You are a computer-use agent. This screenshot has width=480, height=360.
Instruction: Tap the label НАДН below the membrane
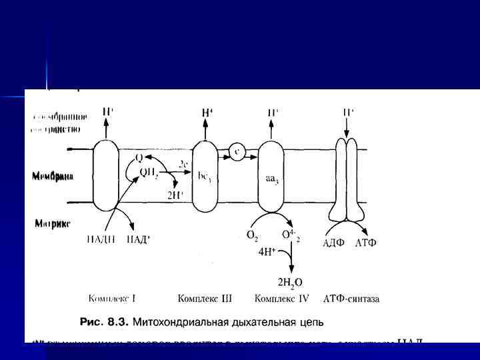99,241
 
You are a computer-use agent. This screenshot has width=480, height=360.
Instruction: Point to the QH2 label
148,172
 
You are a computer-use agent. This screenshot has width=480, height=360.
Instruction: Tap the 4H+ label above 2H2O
268,254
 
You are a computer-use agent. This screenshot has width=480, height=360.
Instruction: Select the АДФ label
333,242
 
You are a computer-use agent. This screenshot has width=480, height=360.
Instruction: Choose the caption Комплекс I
112,299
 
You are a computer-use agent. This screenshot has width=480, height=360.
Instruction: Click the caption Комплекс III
204,299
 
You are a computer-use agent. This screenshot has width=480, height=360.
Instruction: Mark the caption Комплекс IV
280,299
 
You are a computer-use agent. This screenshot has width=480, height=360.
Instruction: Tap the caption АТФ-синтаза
351,299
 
